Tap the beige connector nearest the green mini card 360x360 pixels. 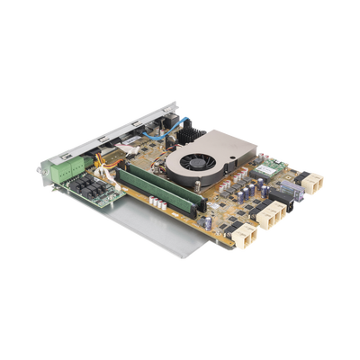pos(312,184)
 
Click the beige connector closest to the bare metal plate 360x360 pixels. pos(242,236)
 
